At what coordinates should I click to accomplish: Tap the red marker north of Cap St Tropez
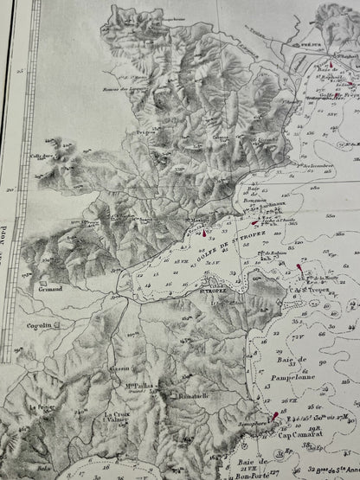click(x=300, y=270)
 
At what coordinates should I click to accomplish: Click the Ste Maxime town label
click(x=198, y=221)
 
